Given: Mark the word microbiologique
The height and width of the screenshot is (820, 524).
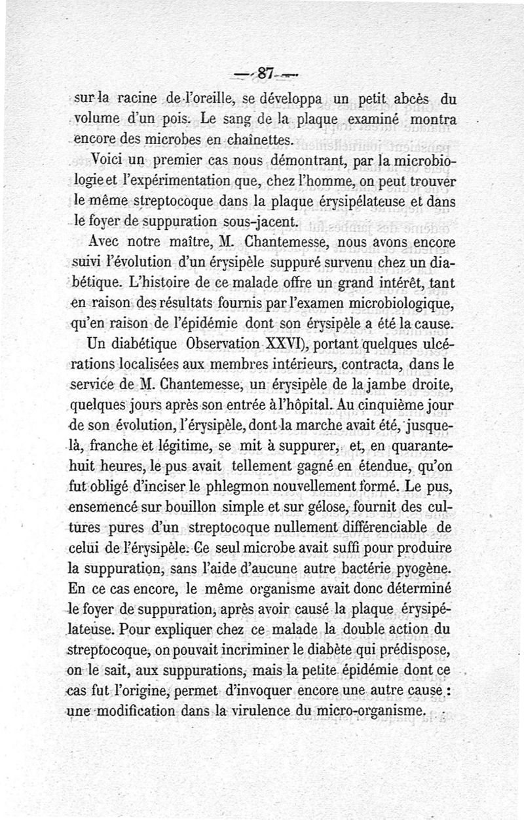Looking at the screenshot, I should click(392, 305).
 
